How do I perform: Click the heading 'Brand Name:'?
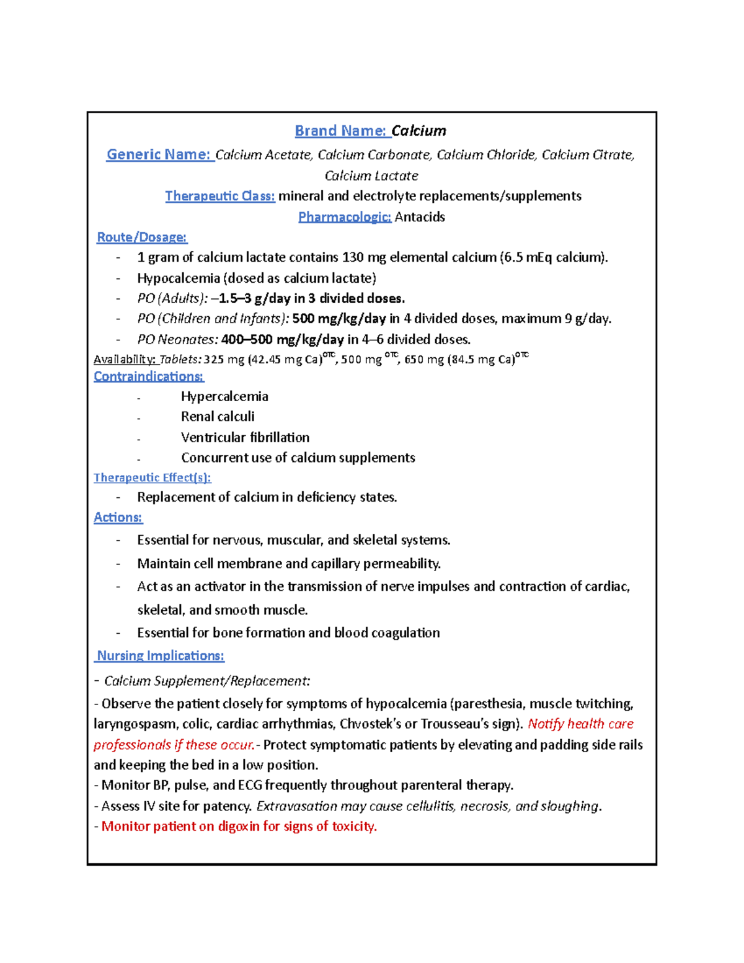[x=341, y=131]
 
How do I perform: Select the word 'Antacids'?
[x=420, y=217]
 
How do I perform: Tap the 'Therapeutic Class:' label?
[x=220, y=196]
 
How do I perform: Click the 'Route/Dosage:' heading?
[x=142, y=237]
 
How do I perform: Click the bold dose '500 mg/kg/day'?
[x=339, y=319]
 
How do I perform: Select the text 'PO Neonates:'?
[x=177, y=339]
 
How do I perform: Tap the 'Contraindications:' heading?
[x=149, y=376]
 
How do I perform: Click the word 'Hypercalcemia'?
[x=224, y=396]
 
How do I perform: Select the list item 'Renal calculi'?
[x=218, y=417]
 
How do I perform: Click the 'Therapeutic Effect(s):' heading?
[x=153, y=477]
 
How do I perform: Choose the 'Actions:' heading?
[x=118, y=517]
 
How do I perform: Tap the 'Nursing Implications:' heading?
[x=161, y=655]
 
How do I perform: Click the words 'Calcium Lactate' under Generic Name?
[x=371, y=175]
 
